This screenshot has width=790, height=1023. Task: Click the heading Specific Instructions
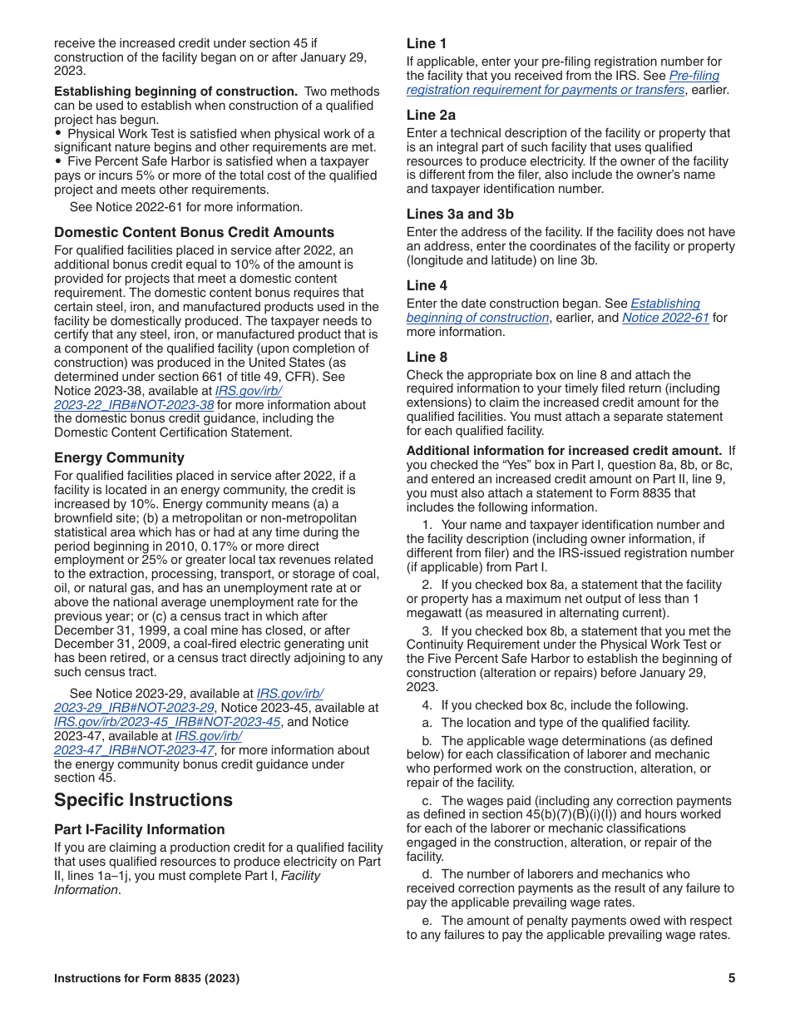pos(143,800)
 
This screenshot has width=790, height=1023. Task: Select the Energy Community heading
pos(119,457)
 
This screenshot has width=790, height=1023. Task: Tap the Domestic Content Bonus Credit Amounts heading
pos(194,232)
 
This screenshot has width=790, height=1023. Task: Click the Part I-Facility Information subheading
pos(139,829)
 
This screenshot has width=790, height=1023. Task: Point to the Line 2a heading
pos(431,115)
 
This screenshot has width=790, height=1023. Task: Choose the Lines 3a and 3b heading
pos(460,214)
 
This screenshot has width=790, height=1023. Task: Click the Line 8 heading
pos(427,357)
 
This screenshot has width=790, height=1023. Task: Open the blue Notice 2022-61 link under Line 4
pos(665,318)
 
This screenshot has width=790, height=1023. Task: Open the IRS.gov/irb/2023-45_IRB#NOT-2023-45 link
pos(167,722)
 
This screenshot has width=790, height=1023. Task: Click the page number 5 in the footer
pos(732,978)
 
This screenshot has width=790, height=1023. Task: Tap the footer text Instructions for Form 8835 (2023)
pos(146,978)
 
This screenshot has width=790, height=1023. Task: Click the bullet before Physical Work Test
pos(58,133)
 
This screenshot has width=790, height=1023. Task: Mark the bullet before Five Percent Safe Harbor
pos(58,161)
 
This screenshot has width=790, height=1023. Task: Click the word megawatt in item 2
pos(435,613)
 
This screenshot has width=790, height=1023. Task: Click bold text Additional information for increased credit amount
pos(564,451)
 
